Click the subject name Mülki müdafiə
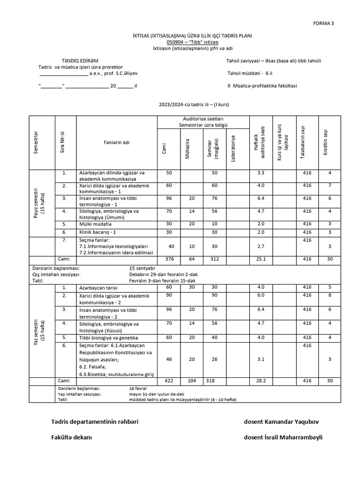[96, 224]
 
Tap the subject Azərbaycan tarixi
[99, 287]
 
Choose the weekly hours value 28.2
[261, 381]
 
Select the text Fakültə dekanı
[72, 437]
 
